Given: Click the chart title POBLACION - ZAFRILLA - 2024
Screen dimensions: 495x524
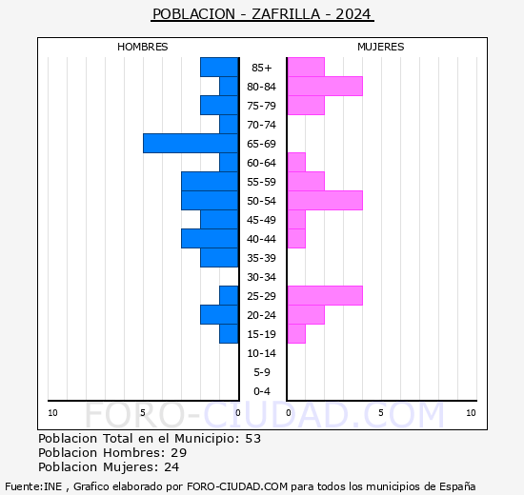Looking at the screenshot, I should click(x=262, y=14).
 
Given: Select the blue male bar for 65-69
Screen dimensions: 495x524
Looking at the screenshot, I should click(x=191, y=143).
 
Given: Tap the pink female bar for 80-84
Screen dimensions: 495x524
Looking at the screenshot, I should click(x=324, y=86).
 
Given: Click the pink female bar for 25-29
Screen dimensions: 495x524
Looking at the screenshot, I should click(x=324, y=295).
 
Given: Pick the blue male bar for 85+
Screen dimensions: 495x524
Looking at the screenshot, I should click(x=219, y=67).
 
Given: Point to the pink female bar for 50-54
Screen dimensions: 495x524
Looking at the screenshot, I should click(x=324, y=200).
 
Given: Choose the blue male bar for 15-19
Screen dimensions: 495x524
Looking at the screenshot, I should click(x=229, y=333).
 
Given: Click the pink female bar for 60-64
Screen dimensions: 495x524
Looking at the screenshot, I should click(x=296, y=162).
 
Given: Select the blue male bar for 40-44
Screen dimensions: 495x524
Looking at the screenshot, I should click(x=210, y=238).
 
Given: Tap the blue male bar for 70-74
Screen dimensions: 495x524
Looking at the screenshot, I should click(x=229, y=124).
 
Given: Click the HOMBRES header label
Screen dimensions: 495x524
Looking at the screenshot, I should click(x=143, y=47).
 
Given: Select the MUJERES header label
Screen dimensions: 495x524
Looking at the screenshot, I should click(x=380, y=47).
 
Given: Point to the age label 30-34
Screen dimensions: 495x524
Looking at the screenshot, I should click(x=262, y=277).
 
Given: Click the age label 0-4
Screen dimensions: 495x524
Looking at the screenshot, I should click(x=262, y=391).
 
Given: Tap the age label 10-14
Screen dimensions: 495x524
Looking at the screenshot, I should click(x=262, y=353).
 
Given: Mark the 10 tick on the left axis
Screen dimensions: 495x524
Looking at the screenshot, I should click(x=52, y=412).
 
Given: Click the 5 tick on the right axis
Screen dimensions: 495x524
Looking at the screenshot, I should click(x=380, y=412).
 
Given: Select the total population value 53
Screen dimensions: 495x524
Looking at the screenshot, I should click(x=252, y=439).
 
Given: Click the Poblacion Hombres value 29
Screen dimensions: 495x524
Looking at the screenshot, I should click(x=178, y=453).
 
